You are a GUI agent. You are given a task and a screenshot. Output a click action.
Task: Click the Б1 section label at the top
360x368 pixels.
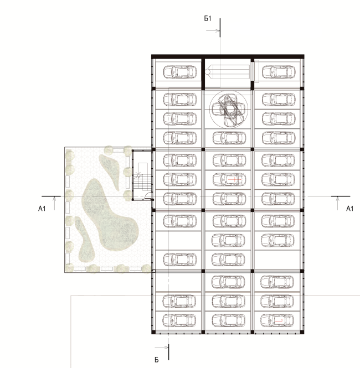[208, 19]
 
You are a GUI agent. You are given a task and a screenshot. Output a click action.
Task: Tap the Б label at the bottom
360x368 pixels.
[157, 360]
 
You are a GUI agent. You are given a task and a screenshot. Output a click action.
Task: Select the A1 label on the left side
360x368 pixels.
[42, 209]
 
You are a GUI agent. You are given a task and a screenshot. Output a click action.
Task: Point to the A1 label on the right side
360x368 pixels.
[349, 209]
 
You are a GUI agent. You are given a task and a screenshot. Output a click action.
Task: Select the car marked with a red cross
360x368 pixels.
[229, 179]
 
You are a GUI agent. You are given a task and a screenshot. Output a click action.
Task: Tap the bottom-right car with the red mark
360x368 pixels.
[277, 320]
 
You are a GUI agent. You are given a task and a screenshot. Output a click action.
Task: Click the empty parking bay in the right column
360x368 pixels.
[277, 260]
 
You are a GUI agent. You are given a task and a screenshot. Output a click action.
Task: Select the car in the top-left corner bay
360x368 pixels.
[180, 72]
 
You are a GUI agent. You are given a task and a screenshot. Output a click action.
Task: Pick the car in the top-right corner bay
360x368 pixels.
[279, 72]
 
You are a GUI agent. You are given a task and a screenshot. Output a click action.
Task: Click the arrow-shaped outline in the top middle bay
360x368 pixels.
[227, 71]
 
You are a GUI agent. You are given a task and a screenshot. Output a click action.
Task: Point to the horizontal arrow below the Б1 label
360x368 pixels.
[213, 30]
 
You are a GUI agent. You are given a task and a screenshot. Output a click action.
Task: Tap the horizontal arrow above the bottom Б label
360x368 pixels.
[162, 348]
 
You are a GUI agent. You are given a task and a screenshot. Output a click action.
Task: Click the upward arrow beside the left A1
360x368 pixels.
[54, 203]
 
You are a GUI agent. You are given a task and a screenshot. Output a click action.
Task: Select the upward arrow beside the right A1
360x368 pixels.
[338, 203]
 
